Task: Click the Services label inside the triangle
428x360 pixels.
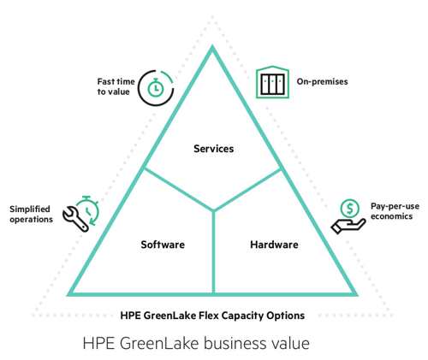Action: pyautogui.click(x=214, y=149)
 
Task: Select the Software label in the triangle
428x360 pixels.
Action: pyautogui.click(x=163, y=245)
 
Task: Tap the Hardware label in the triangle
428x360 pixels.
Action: pyautogui.click(x=274, y=245)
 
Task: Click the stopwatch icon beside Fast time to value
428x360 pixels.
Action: pyautogui.click(x=156, y=87)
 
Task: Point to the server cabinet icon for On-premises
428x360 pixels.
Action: pyautogui.click(x=273, y=82)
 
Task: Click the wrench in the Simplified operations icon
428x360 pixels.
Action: pyautogui.click(x=75, y=219)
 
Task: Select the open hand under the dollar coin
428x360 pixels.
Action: pyautogui.click(x=348, y=226)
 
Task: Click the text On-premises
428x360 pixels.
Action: pyautogui.click(x=322, y=81)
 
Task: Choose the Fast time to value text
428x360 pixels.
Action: pyautogui.click(x=116, y=86)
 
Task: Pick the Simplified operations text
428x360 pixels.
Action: pyautogui.click(x=31, y=214)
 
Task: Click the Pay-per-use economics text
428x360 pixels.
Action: pyautogui.click(x=395, y=211)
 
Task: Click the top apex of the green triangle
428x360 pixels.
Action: pyautogui.click(x=212, y=46)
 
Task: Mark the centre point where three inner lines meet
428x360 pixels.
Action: pyautogui.click(x=214, y=210)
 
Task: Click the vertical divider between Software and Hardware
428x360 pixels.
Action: pyautogui.click(x=214, y=252)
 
